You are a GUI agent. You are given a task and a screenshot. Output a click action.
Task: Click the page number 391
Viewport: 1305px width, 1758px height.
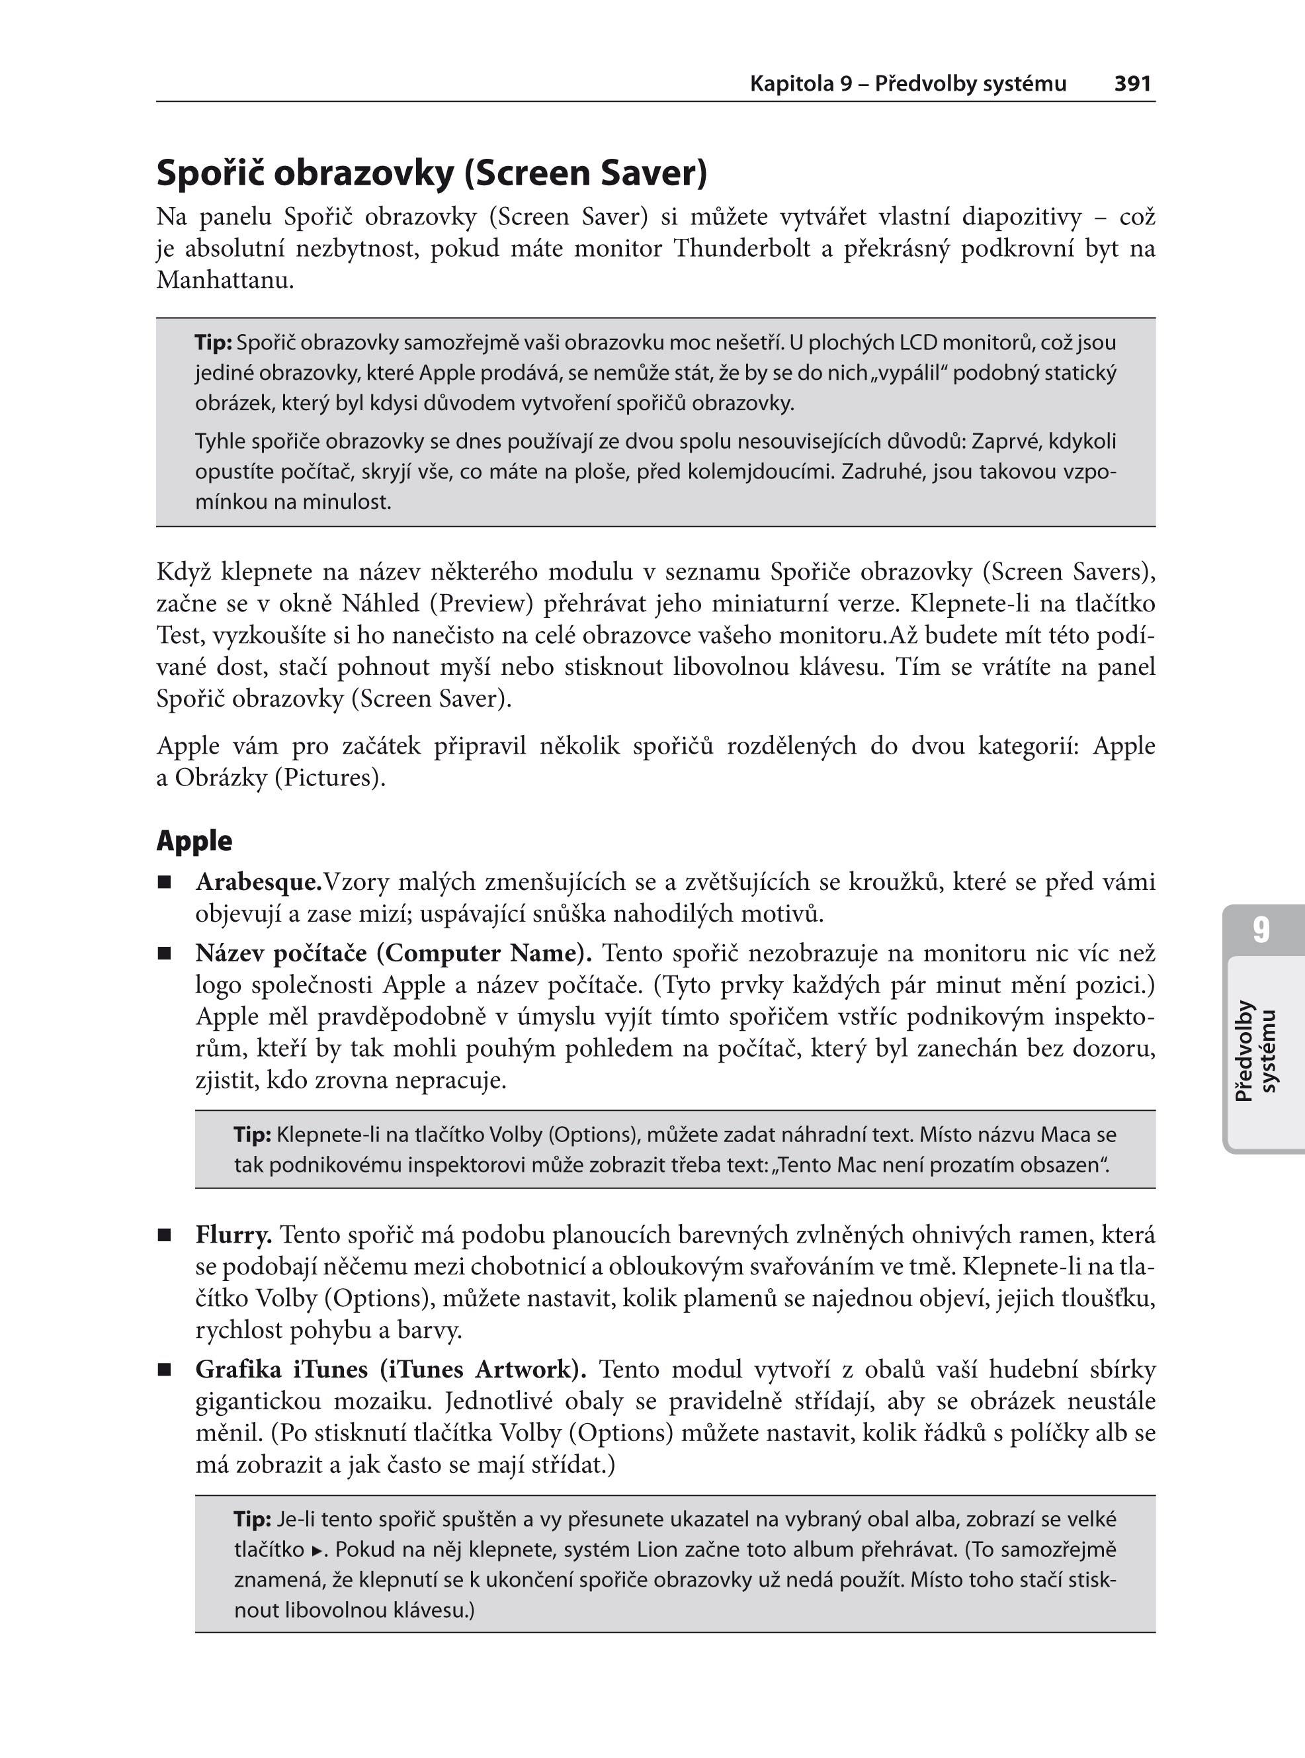(x=1132, y=84)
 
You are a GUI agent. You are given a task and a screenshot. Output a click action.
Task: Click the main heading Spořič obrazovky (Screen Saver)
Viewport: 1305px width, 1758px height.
(x=431, y=173)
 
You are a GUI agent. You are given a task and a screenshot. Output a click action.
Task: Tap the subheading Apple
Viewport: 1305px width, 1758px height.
(x=194, y=841)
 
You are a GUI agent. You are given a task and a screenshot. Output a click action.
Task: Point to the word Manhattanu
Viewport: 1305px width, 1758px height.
(x=224, y=281)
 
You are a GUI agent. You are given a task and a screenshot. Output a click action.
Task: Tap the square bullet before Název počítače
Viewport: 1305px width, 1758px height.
(x=164, y=953)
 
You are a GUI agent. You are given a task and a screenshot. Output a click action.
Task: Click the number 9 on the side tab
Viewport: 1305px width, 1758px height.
(x=1261, y=930)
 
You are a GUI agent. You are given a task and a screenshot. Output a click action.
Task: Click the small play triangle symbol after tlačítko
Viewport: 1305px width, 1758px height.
(x=317, y=1551)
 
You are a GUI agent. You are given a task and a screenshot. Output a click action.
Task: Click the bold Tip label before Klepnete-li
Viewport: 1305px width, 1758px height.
(x=252, y=1135)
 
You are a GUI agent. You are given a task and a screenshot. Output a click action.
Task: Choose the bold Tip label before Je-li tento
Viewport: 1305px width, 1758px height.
(x=252, y=1519)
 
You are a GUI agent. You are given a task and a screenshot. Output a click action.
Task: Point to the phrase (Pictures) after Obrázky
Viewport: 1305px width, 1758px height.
(x=330, y=778)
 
